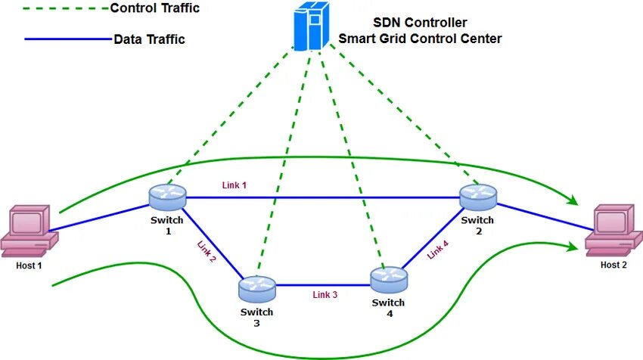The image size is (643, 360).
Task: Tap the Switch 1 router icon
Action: click(x=167, y=198)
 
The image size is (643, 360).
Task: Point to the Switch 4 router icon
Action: click(x=389, y=279)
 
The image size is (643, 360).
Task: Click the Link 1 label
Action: click(x=234, y=185)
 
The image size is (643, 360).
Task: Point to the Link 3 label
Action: click(x=325, y=295)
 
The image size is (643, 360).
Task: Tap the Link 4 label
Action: click(x=438, y=249)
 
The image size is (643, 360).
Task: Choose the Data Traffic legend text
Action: click(x=149, y=39)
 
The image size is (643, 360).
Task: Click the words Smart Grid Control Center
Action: click(x=420, y=39)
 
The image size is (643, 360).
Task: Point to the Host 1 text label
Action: click(x=30, y=265)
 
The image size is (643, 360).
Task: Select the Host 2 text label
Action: click(x=613, y=265)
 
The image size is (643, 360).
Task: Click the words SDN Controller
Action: click(x=420, y=23)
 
